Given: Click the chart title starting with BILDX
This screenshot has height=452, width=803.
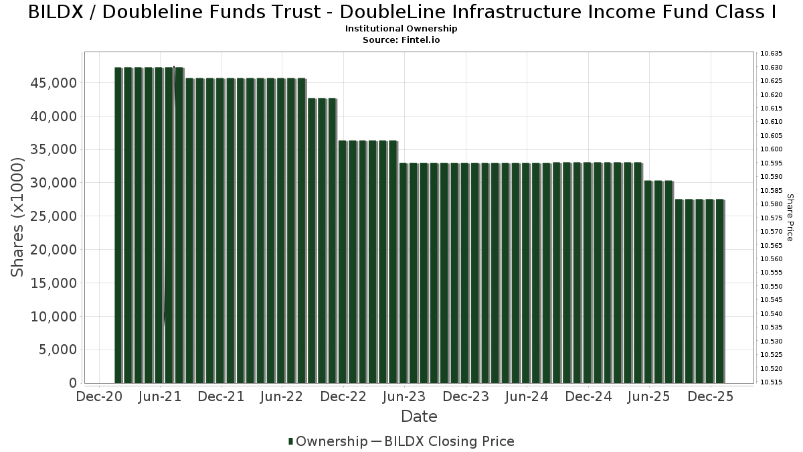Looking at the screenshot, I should pyautogui.click(x=401, y=12).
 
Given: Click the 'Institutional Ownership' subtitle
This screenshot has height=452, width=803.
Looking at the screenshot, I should pyautogui.click(x=401, y=29).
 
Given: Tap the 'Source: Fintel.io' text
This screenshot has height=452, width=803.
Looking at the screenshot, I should pyautogui.click(x=401, y=40).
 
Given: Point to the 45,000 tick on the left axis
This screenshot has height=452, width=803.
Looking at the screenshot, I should pyautogui.click(x=54, y=82).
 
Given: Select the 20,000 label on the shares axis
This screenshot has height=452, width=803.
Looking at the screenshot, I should pyautogui.click(x=54, y=250).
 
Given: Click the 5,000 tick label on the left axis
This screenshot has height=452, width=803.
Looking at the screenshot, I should pyautogui.click(x=57, y=350).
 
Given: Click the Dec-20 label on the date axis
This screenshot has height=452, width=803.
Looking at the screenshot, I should pyautogui.click(x=99, y=396).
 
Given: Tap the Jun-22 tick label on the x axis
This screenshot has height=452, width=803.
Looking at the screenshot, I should pyautogui.click(x=282, y=396).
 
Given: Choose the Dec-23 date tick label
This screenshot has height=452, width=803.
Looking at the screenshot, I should pyautogui.click(x=466, y=396).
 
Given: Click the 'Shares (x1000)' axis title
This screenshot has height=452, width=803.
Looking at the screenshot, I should pyautogui.click(x=18, y=217).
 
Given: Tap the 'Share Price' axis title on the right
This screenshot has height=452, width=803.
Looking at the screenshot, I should pyautogui.click(x=790, y=217).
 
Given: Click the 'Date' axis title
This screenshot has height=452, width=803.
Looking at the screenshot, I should pyautogui.click(x=419, y=417).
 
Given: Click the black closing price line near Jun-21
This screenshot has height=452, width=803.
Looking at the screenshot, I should pyautogui.click(x=169, y=201).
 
